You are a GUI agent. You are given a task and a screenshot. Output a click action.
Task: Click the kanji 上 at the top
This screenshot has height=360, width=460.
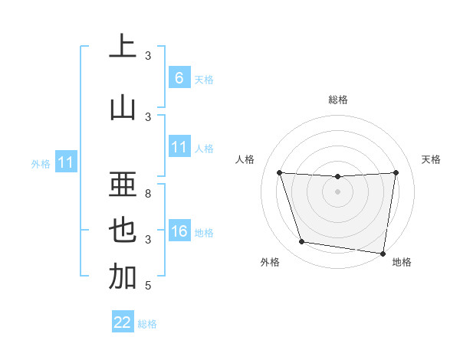[x=123, y=47]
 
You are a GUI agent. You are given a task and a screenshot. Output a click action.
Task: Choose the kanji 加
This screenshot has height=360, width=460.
[x=123, y=277]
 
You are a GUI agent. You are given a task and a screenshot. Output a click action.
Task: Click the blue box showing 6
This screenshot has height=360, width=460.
[x=179, y=78]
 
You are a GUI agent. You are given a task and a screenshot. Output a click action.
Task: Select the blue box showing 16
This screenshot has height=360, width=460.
[x=179, y=232]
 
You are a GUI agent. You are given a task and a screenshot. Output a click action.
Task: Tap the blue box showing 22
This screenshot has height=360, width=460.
[x=123, y=322]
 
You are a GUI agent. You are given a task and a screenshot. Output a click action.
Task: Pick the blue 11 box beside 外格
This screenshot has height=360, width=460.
[x=66, y=162]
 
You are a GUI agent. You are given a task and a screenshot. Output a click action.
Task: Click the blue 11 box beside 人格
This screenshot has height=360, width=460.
[x=179, y=148]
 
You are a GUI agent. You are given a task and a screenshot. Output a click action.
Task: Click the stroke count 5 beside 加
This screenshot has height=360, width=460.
[x=148, y=286]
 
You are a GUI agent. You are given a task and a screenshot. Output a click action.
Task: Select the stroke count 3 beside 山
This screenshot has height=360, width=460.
[x=148, y=117]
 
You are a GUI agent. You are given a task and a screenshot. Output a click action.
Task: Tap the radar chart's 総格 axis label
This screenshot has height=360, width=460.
[x=337, y=100]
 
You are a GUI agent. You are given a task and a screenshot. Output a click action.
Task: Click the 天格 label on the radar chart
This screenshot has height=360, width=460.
[x=431, y=159]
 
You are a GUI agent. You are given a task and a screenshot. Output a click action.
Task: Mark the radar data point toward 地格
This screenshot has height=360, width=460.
[x=383, y=253]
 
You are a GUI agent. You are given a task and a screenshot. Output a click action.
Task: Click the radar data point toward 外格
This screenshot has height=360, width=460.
[x=301, y=242]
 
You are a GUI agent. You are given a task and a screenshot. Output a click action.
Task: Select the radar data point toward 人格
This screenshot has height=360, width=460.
[x=279, y=172]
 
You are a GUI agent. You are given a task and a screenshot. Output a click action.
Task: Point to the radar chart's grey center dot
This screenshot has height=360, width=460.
[x=337, y=191]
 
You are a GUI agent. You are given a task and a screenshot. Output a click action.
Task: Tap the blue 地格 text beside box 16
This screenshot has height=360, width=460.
[x=204, y=233]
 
